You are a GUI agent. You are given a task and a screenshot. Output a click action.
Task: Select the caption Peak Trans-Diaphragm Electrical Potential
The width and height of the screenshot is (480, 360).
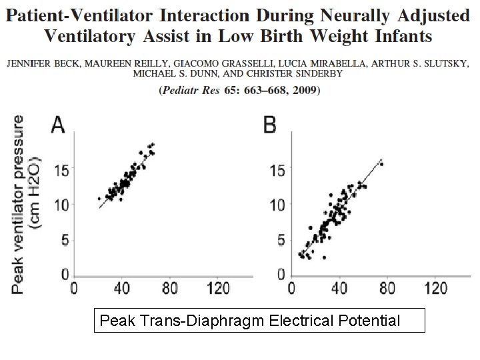tap(250, 321)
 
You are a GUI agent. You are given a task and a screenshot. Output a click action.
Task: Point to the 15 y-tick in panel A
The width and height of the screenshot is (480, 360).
tap(60, 171)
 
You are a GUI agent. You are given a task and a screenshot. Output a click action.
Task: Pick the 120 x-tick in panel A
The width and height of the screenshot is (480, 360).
tap(218, 289)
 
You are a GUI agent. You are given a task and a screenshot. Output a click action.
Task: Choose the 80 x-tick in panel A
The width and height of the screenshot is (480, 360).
tap(169, 289)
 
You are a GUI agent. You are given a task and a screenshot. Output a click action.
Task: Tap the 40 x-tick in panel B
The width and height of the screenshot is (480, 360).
tap(339, 289)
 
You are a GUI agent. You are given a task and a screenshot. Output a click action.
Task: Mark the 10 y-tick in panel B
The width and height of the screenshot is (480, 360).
tap(277, 205)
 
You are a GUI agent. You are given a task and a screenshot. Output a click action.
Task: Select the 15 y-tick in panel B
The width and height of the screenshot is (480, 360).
tap(277, 171)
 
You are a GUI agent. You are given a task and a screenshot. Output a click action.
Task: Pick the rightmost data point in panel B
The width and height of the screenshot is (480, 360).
tap(381, 164)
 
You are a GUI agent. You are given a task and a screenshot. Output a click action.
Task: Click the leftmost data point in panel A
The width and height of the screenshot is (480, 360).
tap(99, 198)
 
